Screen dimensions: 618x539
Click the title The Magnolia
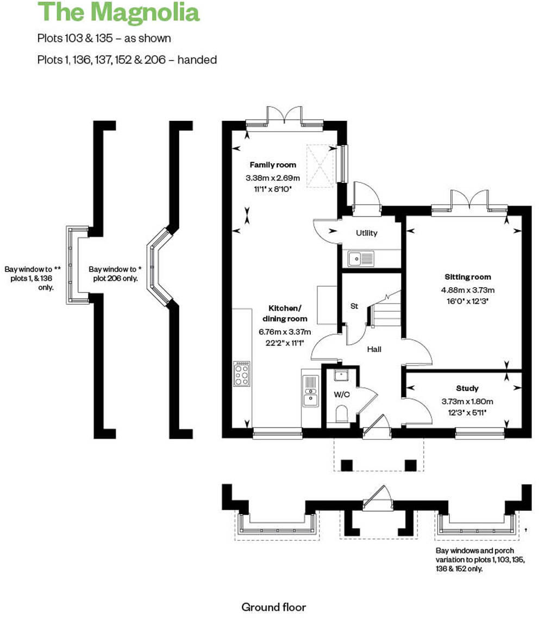point(118,13)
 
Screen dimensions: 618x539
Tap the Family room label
point(273,165)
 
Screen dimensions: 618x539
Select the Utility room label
point(366,233)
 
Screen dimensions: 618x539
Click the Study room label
point(467,388)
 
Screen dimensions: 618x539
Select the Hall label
point(374,349)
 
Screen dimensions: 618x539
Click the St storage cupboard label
point(354,306)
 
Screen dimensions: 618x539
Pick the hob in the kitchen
point(242,374)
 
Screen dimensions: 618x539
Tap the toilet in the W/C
point(342,416)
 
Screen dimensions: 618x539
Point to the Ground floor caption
point(273,607)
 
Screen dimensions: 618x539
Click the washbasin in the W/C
point(341,375)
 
